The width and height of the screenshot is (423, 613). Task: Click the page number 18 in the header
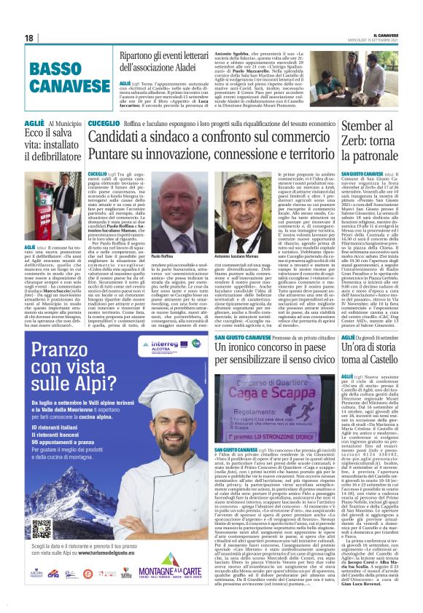point(28,38)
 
